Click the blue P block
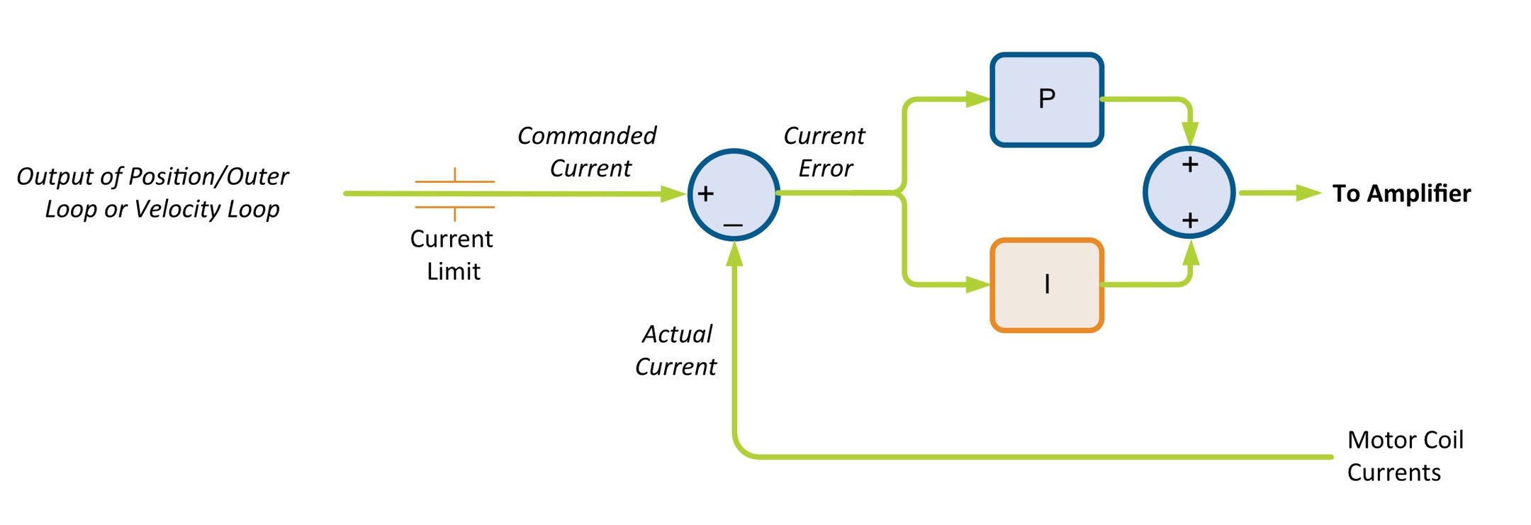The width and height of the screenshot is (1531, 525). [x=1046, y=100]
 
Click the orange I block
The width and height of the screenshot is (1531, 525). [x=1046, y=285]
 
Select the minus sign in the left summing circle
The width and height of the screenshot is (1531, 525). [x=733, y=225]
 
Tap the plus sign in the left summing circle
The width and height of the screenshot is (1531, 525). [x=705, y=193]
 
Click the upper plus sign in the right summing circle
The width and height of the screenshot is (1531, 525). [x=1190, y=165]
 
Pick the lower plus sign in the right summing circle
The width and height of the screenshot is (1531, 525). [x=1190, y=220]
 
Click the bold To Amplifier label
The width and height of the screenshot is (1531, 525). [x=1401, y=193]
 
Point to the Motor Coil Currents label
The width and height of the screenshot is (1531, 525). [x=1404, y=456]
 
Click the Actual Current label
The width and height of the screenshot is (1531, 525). [x=676, y=350]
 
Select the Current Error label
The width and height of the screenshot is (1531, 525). [x=824, y=152]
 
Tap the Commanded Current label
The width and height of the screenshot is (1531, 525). [x=587, y=152]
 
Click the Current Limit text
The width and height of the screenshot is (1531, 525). [x=452, y=254]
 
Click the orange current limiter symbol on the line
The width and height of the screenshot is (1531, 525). [x=454, y=194]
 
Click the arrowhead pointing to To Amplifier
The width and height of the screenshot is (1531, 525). [x=1308, y=193]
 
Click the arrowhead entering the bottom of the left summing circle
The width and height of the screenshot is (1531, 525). [x=735, y=254]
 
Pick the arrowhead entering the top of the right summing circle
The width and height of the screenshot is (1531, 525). [x=1191, y=133]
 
